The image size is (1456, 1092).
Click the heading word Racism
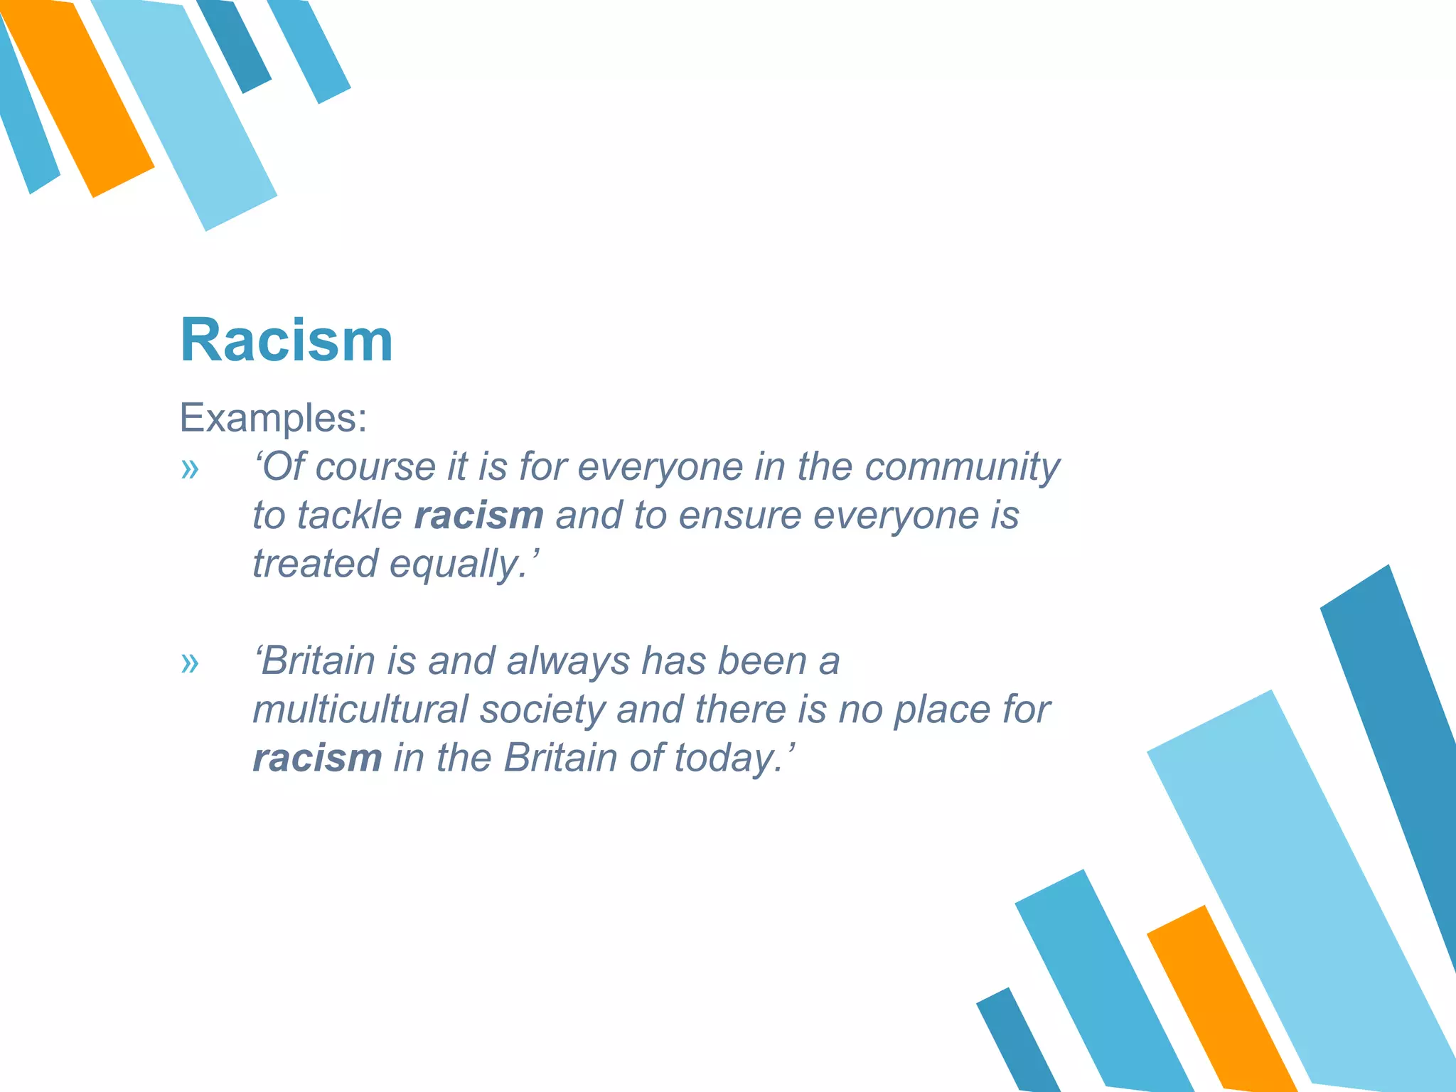click(x=286, y=341)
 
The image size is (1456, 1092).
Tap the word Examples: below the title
click(x=273, y=417)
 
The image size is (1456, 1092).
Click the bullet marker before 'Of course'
click(x=189, y=469)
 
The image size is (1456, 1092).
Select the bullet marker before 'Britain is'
click(x=189, y=663)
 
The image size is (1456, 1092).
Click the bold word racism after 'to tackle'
click(x=478, y=515)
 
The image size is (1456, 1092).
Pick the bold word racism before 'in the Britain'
click(x=317, y=758)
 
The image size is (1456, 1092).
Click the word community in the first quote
click(x=962, y=468)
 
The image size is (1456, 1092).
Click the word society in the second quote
click(x=542, y=710)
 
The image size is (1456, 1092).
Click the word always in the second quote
click(x=568, y=661)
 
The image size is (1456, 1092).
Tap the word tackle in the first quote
click(x=349, y=515)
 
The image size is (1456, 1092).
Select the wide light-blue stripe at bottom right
click(x=1301, y=889)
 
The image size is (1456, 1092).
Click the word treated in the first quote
click(x=316, y=564)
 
